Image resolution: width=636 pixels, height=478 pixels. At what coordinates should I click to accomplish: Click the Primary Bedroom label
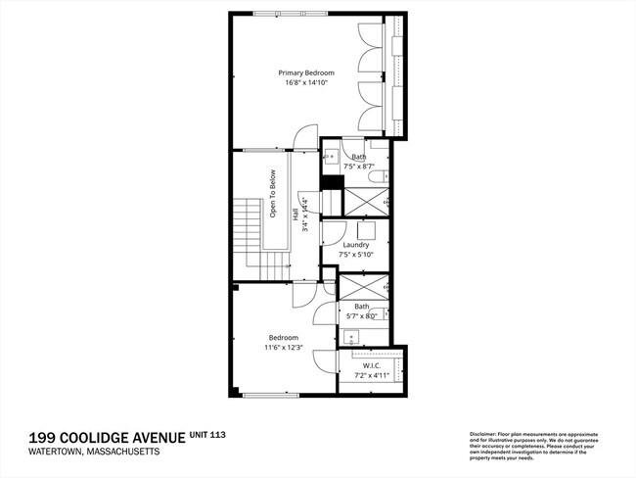[305, 72]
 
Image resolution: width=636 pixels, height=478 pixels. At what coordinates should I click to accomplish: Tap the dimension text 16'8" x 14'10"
[305, 83]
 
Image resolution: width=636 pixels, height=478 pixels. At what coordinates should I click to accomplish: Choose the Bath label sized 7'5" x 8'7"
[359, 157]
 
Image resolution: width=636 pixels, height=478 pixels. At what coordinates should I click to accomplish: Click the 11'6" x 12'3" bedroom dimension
[284, 348]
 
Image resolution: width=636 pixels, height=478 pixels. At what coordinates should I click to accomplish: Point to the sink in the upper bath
[331, 155]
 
